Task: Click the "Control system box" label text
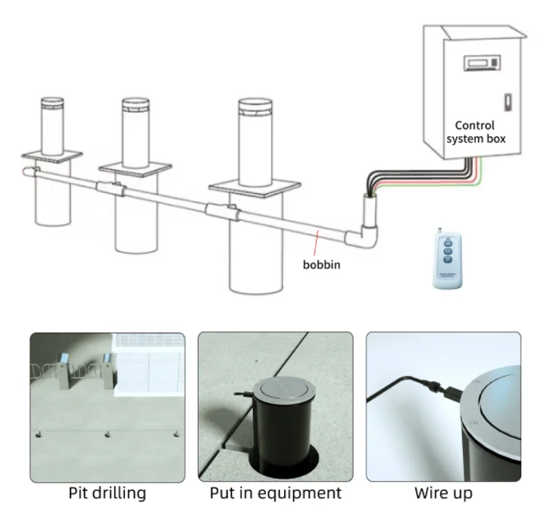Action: click(x=475, y=132)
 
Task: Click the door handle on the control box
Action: click(x=506, y=104)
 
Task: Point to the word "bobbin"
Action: click(x=320, y=266)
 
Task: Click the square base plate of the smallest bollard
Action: click(x=51, y=154)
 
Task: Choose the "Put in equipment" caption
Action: click(x=275, y=493)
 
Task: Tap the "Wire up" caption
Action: click(x=443, y=493)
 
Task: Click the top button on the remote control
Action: click(x=445, y=241)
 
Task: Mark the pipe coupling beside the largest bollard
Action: click(x=222, y=213)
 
